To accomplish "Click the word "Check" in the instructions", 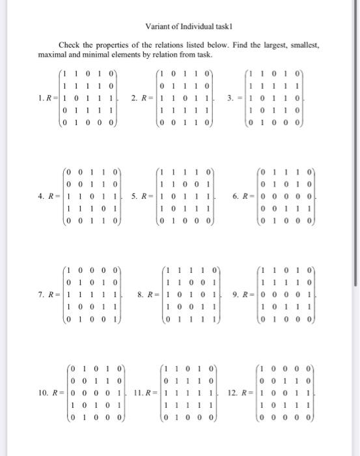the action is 70,44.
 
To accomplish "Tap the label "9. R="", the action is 242,296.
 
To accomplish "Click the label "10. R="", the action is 48,393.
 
